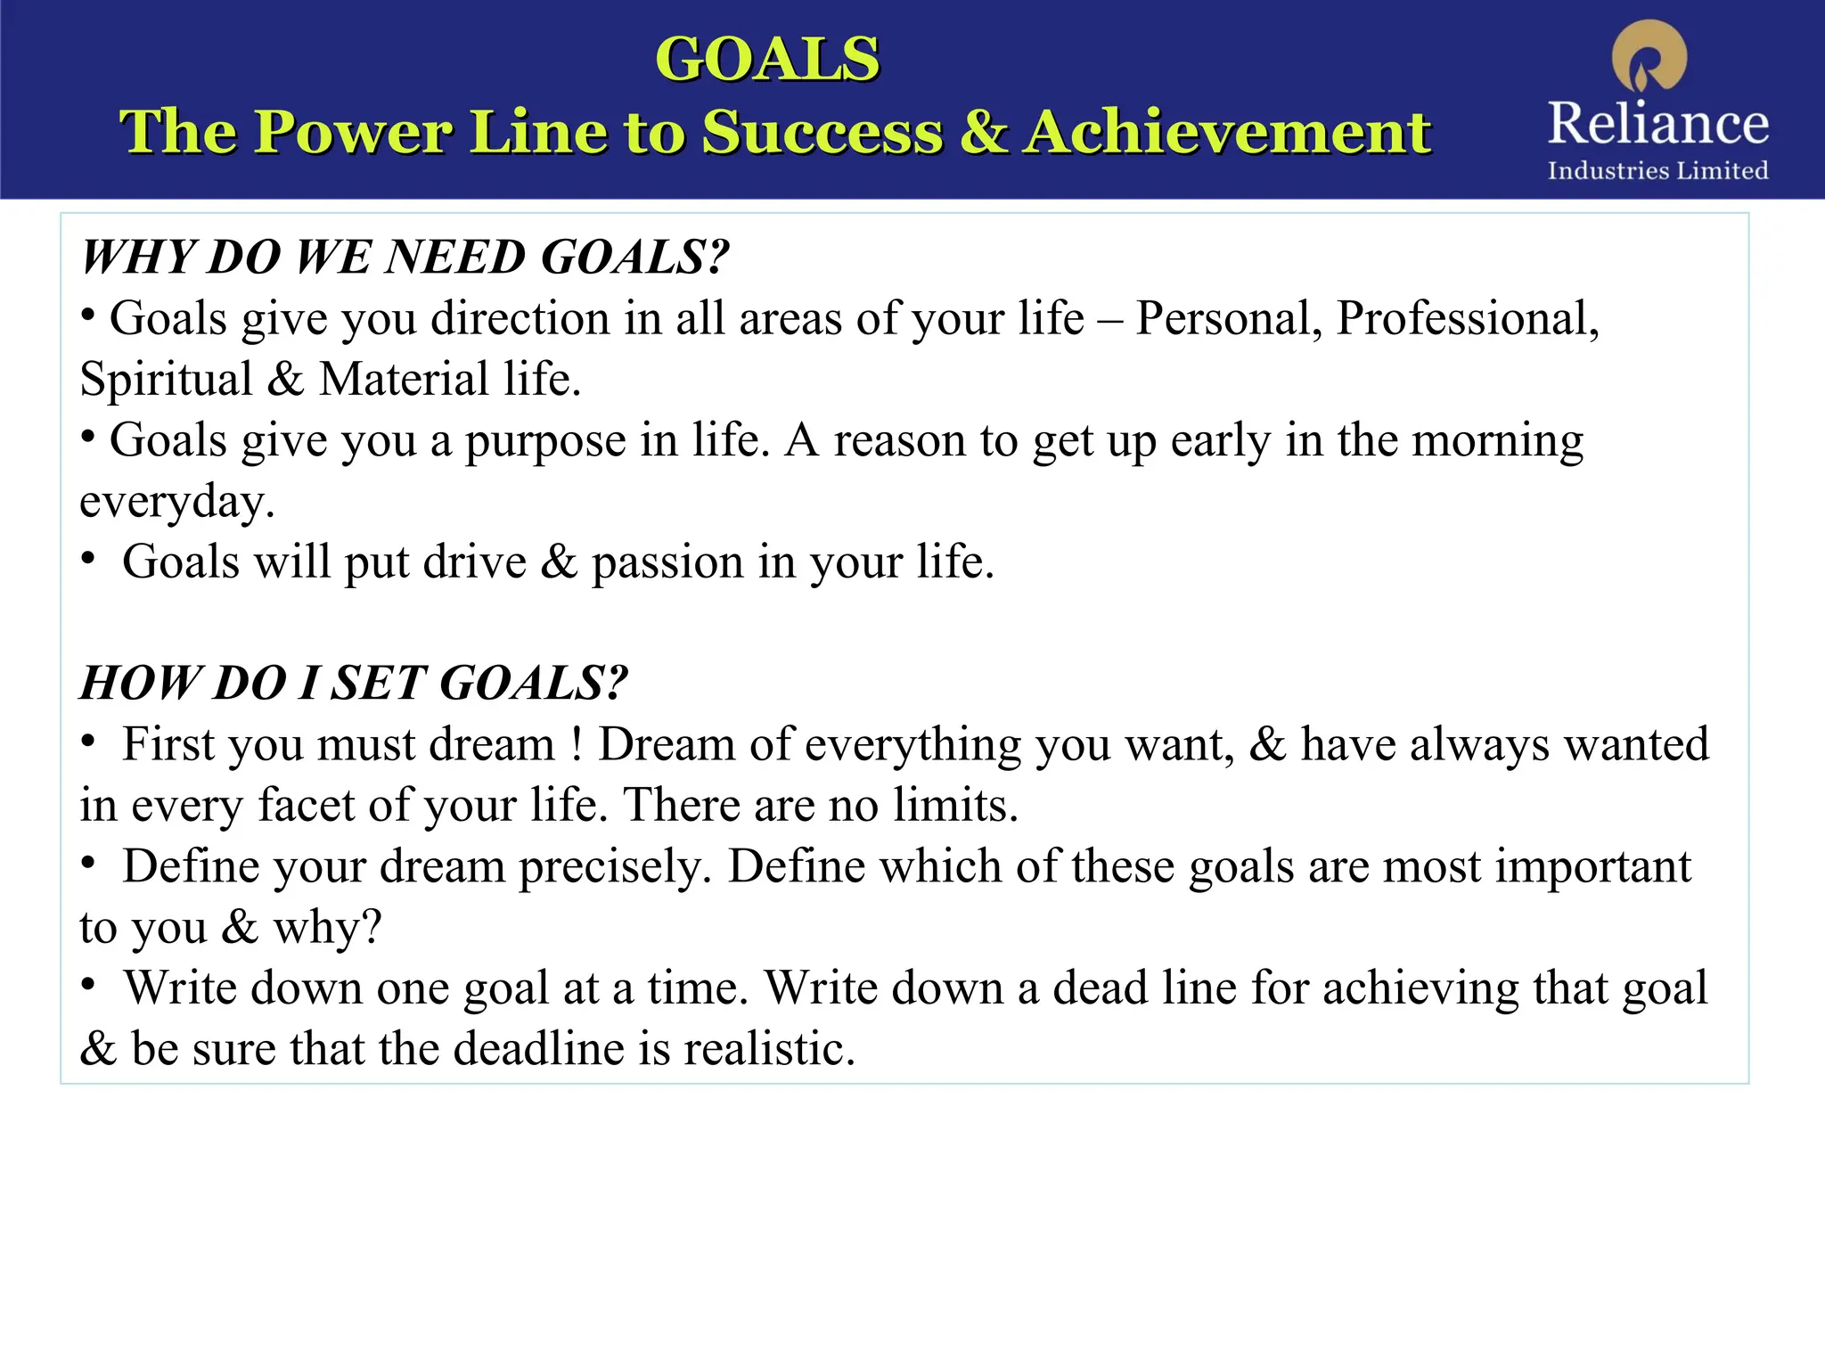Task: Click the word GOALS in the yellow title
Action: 767,60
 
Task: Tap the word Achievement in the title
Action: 1226,132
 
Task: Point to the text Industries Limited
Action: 1657,170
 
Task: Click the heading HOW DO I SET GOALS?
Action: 355,684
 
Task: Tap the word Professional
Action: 1467,318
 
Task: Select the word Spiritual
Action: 167,380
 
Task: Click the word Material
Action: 404,380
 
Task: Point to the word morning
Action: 1498,440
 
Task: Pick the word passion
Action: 667,562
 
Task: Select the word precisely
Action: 615,866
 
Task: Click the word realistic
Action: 769,1049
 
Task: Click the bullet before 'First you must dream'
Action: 87,742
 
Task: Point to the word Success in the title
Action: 822,132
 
